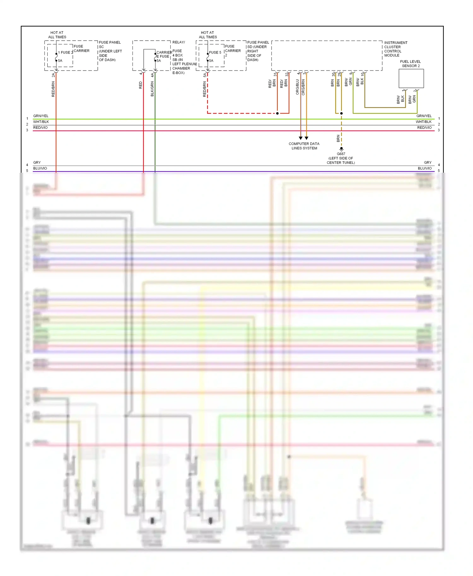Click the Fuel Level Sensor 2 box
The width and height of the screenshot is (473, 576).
(x=411, y=78)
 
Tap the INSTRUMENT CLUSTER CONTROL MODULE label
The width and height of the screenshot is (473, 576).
(x=395, y=49)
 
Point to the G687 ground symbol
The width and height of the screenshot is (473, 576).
(x=341, y=149)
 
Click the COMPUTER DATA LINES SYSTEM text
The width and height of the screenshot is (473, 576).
(x=304, y=146)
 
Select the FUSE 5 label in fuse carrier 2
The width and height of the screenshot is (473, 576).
(x=215, y=53)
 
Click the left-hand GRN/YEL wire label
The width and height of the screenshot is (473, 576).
(x=41, y=116)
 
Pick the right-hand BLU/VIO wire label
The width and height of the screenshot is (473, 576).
(x=424, y=168)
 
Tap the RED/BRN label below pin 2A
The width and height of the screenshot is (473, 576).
(x=53, y=89)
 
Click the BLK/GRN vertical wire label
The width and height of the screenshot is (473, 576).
(x=152, y=89)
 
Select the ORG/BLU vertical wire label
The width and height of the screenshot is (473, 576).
(x=297, y=87)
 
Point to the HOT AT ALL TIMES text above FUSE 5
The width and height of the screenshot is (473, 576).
(x=207, y=35)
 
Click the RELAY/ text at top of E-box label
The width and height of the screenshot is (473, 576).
(x=178, y=42)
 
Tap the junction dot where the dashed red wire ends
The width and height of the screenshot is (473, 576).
(x=277, y=113)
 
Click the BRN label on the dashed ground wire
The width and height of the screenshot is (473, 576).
(x=338, y=138)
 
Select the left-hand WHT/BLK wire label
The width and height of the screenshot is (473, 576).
(x=41, y=122)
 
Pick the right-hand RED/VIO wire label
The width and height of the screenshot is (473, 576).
(x=424, y=128)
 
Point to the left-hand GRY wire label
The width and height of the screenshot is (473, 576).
(x=37, y=163)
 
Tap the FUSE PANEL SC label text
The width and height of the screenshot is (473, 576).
(x=110, y=44)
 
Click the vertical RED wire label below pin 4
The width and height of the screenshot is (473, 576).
(x=141, y=85)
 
